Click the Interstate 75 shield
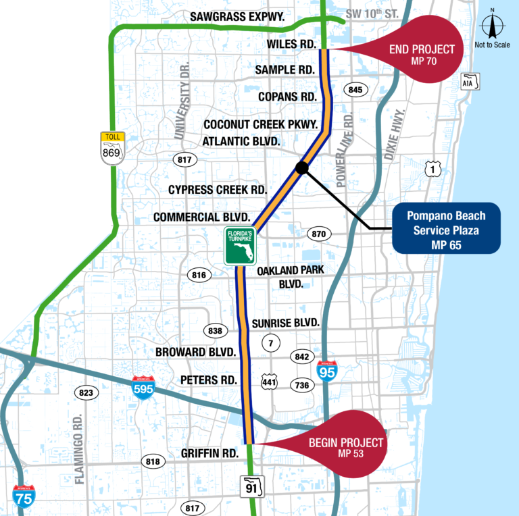(24, 496)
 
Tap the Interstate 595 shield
(143, 387)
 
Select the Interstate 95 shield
(327, 371)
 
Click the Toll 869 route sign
(113, 148)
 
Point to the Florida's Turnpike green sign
(241, 246)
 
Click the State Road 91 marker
(252, 486)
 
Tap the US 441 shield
(269, 382)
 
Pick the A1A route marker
(470, 82)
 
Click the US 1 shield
(433, 169)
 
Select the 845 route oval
(355, 90)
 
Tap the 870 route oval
(319, 234)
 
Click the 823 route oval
(86, 392)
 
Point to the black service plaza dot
(302, 167)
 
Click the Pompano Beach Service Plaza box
(446, 228)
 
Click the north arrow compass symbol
(492, 24)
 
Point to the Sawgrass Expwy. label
(237, 16)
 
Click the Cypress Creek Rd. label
(218, 190)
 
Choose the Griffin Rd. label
(209, 453)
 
